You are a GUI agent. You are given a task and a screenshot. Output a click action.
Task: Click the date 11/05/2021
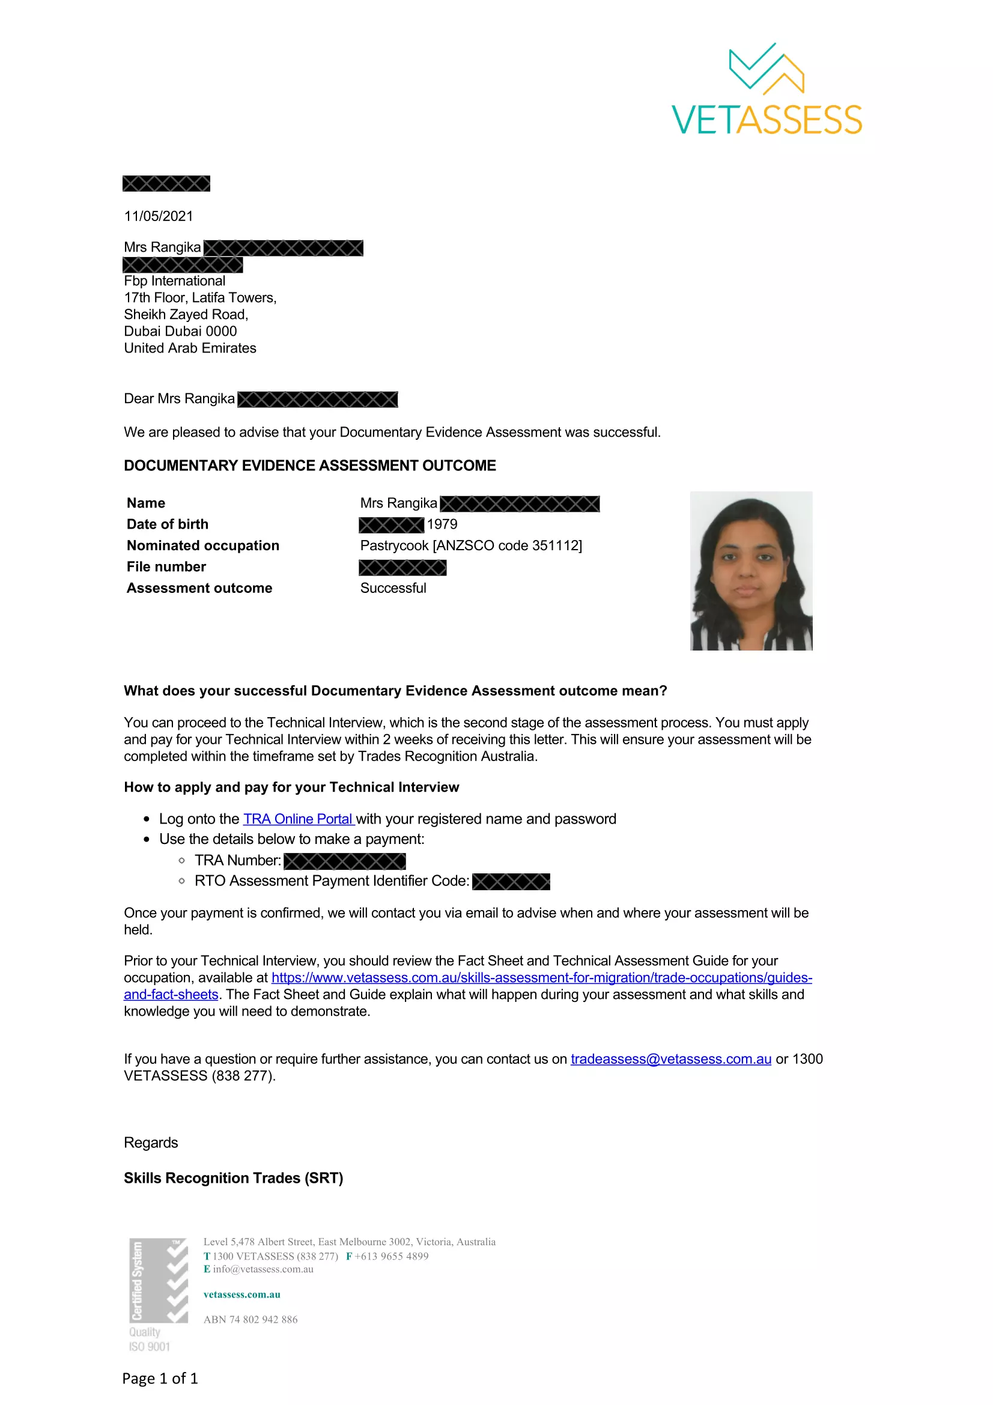point(159,216)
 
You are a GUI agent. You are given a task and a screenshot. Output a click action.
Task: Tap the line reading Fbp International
point(174,281)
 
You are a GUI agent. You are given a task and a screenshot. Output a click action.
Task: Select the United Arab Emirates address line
point(190,348)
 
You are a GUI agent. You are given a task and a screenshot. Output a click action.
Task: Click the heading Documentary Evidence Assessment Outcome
point(309,466)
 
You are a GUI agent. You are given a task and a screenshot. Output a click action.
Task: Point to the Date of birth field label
point(167,524)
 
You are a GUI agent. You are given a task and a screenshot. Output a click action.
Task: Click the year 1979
point(442,524)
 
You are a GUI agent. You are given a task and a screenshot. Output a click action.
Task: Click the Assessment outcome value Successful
point(393,588)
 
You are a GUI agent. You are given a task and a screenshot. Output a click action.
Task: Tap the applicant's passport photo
point(751,570)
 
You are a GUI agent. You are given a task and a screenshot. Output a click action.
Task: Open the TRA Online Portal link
point(299,819)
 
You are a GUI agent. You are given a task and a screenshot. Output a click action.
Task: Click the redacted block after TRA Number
point(344,861)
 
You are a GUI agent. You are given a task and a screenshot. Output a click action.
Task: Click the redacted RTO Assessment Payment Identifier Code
point(511,881)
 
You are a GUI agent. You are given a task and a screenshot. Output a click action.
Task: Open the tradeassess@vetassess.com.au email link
point(670,1059)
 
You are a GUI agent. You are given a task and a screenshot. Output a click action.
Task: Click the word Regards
point(151,1143)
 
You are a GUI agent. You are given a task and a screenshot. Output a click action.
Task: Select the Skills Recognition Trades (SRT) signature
point(233,1179)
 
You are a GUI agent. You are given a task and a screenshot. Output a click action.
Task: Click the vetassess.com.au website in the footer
point(241,1295)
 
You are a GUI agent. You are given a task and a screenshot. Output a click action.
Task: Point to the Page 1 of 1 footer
point(160,1379)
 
